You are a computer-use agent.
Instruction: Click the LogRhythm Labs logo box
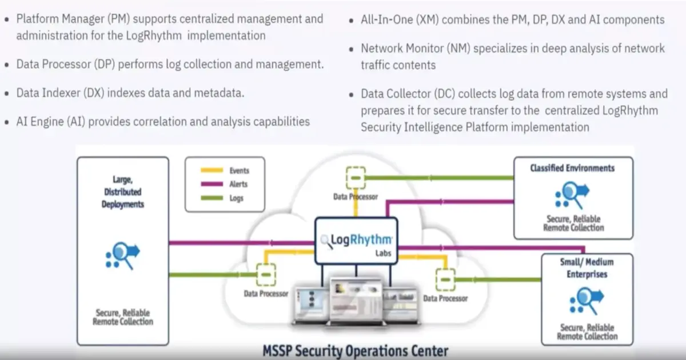point(356,241)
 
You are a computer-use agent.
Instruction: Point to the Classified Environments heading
point(572,168)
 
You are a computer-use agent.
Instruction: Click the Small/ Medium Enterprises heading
point(587,268)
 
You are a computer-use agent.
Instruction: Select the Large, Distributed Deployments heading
point(122,192)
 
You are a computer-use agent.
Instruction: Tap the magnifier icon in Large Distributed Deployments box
point(123,255)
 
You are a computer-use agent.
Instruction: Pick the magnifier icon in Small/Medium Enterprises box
point(587,301)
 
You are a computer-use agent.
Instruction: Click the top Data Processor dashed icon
point(356,178)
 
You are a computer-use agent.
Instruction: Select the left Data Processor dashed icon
point(266,275)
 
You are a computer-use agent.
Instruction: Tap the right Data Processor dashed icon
point(445,280)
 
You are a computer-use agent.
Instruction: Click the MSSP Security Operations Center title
point(355,350)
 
